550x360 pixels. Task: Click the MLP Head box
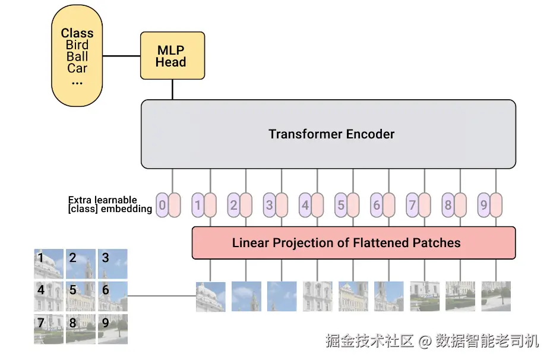click(x=172, y=55)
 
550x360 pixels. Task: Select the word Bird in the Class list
click(x=77, y=45)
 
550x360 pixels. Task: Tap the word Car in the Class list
click(x=77, y=68)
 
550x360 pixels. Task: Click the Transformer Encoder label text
click(x=331, y=134)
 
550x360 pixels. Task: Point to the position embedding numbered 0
click(x=162, y=205)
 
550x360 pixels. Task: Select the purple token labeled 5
click(x=341, y=205)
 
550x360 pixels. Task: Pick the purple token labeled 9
click(x=483, y=205)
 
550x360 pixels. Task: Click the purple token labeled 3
click(x=270, y=205)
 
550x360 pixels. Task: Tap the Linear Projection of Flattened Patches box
click(x=353, y=243)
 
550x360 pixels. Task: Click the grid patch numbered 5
click(x=81, y=296)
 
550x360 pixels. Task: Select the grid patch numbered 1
click(x=49, y=264)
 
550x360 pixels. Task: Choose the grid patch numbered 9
click(x=113, y=329)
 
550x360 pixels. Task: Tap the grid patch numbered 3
click(x=113, y=264)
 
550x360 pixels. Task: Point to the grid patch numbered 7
click(x=49, y=329)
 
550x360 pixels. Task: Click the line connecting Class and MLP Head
click(x=121, y=56)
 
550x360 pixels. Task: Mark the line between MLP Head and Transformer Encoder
click(x=173, y=90)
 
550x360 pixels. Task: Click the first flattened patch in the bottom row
click(x=211, y=296)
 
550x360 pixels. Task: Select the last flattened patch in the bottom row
click(x=496, y=296)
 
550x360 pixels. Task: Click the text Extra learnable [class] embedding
click(x=110, y=204)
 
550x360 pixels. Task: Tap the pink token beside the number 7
click(x=425, y=205)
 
